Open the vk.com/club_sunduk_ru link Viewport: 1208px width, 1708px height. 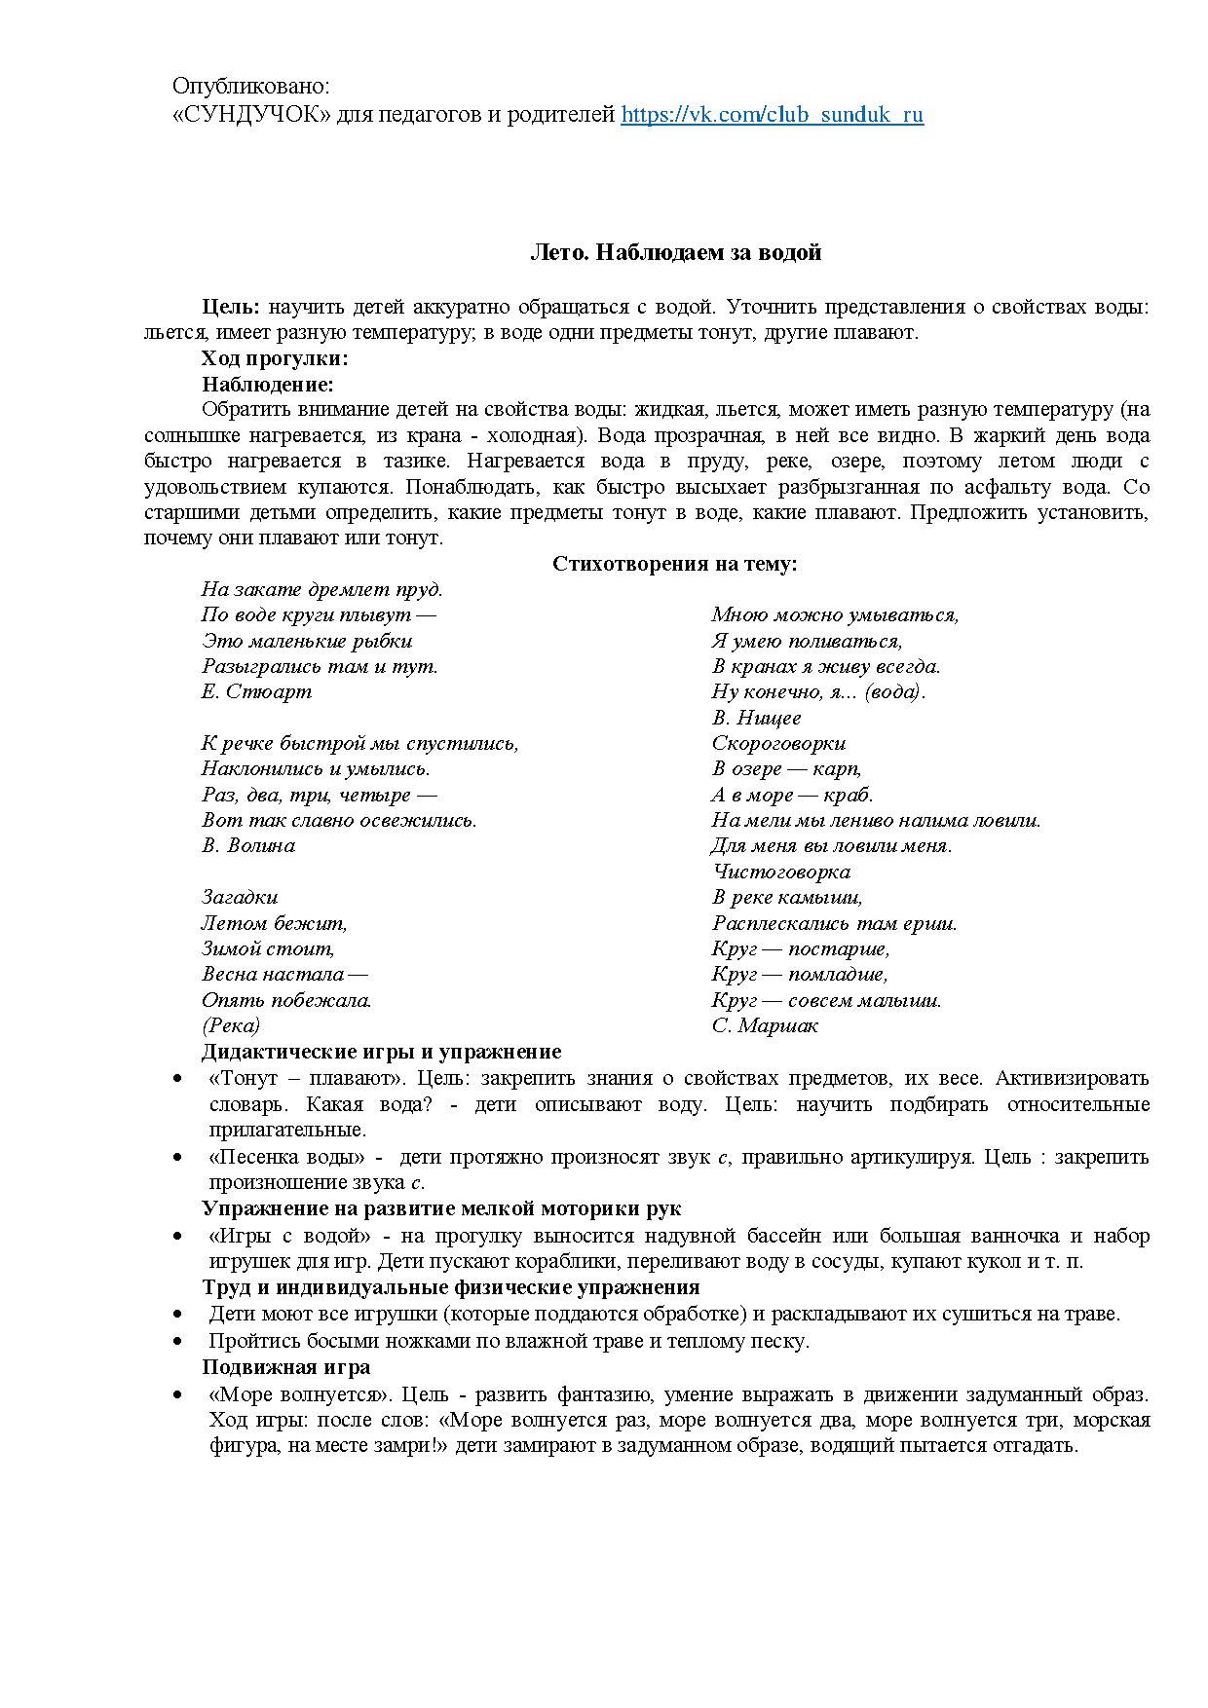pyautogui.click(x=772, y=115)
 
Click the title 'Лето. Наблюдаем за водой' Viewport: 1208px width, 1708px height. pyautogui.click(x=675, y=253)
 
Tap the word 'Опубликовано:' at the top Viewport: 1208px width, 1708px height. pyautogui.click(x=251, y=88)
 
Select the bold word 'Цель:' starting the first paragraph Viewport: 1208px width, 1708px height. pyautogui.click(x=231, y=307)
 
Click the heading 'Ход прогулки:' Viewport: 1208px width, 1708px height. pyautogui.click(x=275, y=358)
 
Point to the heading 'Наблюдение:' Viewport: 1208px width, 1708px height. pyautogui.click(x=267, y=384)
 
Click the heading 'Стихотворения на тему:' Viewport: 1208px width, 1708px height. pyautogui.click(x=675, y=564)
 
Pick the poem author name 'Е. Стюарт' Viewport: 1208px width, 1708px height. pyautogui.click(x=256, y=691)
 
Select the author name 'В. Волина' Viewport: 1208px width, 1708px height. pyautogui.click(x=248, y=845)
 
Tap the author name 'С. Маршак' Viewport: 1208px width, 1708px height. pyautogui.click(x=765, y=1025)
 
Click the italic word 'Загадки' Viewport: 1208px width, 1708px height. pyautogui.click(x=240, y=897)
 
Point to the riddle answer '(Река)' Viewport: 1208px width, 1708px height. pyautogui.click(x=231, y=1025)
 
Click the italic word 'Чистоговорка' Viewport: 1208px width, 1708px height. pyautogui.click(x=781, y=872)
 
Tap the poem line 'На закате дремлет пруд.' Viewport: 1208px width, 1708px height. pyautogui.click(x=321, y=589)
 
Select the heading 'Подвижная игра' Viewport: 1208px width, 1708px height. pyautogui.click(x=285, y=1366)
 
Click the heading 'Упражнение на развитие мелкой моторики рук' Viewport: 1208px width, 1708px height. pyautogui.click(x=440, y=1208)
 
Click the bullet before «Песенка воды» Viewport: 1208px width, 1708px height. pyautogui.click(x=176, y=1158)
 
